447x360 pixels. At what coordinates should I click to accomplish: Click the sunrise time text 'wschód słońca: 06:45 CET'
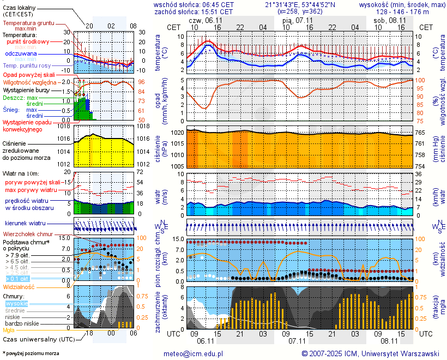click(x=194, y=4)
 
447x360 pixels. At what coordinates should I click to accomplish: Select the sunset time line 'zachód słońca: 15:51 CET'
click(x=194, y=11)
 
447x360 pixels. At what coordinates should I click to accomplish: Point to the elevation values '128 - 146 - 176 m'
click(x=403, y=11)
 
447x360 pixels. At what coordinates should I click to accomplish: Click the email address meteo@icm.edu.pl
click(x=194, y=353)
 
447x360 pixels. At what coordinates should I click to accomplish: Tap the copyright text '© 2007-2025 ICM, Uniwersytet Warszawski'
click(x=370, y=353)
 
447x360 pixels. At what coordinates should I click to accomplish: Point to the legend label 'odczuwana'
click(x=21, y=54)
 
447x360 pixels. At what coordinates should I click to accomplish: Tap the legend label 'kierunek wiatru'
click(x=25, y=224)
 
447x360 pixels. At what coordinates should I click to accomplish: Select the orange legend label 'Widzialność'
click(x=19, y=286)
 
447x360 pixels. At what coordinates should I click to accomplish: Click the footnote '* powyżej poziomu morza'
click(x=31, y=353)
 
